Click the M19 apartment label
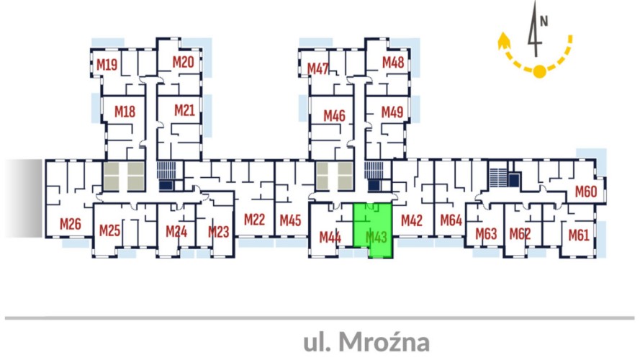[x=107, y=65]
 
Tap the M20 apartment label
[x=183, y=62]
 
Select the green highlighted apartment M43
[x=372, y=230]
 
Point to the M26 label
[x=71, y=224]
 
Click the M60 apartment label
[x=586, y=192]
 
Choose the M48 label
[x=393, y=62]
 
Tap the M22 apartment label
[x=255, y=220]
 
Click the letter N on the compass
[x=544, y=21]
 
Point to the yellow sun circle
[x=540, y=71]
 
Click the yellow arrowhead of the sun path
[x=504, y=41]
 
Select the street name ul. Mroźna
[x=366, y=342]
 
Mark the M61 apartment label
[x=579, y=235]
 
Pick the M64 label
[x=451, y=220]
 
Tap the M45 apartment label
[x=290, y=220]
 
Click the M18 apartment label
[x=125, y=112]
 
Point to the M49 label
[x=392, y=112]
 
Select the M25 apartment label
[x=110, y=230]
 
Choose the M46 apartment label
[x=334, y=115]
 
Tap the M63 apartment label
[x=486, y=234]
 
